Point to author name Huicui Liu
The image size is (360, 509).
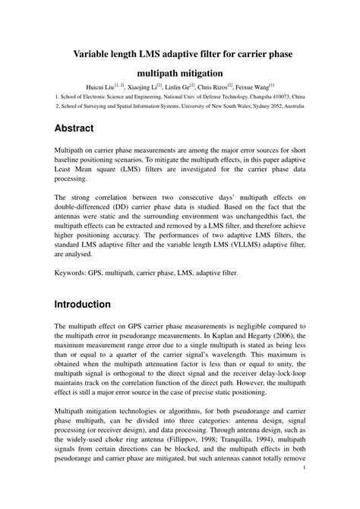[x=112, y=88]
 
